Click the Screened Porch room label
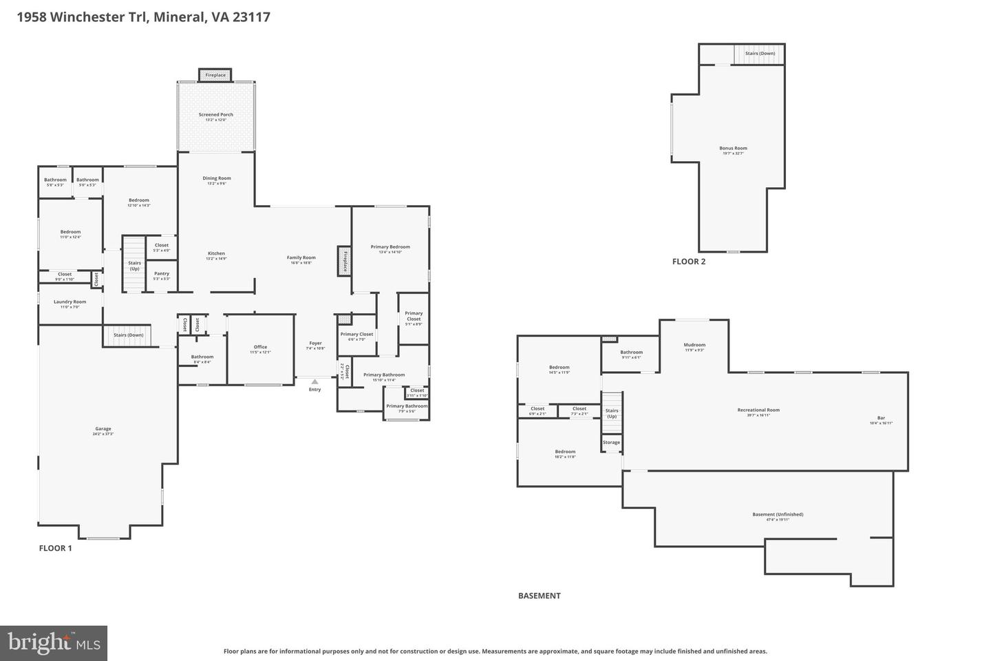pos(216,115)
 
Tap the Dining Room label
pos(216,178)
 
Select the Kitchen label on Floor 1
pos(216,253)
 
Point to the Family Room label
pos(301,258)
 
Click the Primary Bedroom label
pos(390,246)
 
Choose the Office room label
pos(260,347)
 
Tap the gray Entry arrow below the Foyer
pos(315,381)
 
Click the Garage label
pos(103,429)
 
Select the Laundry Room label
pos(70,302)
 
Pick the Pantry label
pos(162,273)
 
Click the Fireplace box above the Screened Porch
pos(215,75)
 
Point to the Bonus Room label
pos(733,148)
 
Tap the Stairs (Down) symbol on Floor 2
pos(759,54)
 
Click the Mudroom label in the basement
pos(694,345)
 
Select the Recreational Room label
pos(758,410)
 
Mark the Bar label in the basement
pos(881,418)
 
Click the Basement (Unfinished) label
pos(778,514)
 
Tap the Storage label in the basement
pos(611,442)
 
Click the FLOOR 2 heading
pos(689,262)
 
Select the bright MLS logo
pos(54,643)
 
